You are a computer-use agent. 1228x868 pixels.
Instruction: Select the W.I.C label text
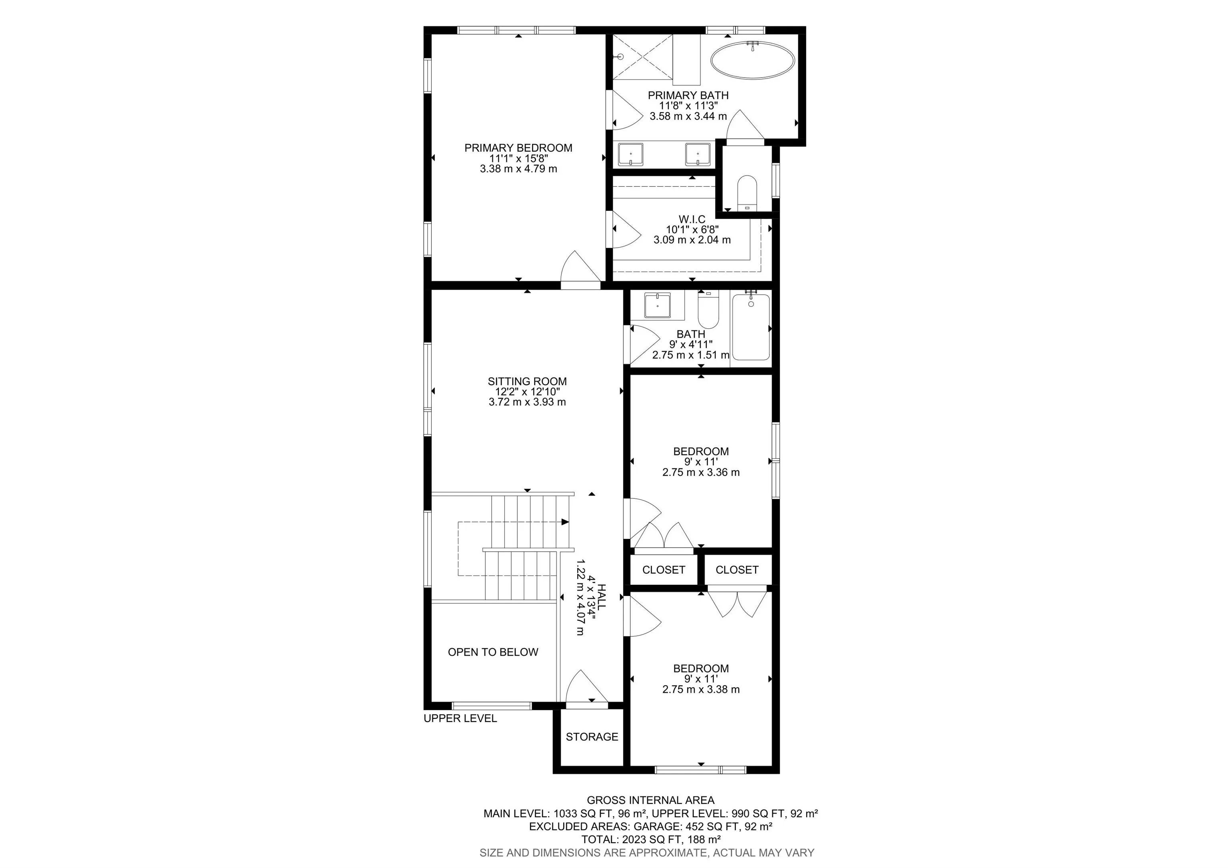[692, 220]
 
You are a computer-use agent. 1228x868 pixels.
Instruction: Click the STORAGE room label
[592, 737]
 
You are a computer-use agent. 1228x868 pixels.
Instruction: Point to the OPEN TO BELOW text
[493, 652]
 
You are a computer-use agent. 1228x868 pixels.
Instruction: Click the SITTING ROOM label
[527, 382]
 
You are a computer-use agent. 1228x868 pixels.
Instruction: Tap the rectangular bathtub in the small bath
[751, 326]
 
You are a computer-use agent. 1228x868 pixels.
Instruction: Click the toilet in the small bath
[708, 310]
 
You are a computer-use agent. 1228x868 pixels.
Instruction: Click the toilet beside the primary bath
[747, 193]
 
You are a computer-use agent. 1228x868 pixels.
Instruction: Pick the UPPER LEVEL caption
[460, 719]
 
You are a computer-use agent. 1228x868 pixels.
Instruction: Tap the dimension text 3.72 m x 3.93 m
[527, 402]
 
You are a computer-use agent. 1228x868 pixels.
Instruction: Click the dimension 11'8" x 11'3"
[688, 106]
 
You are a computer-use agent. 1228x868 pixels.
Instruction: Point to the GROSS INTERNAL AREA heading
[651, 800]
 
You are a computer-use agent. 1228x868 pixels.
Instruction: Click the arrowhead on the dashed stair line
[565, 522]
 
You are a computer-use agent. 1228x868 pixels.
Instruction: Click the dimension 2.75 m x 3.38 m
[701, 689]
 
